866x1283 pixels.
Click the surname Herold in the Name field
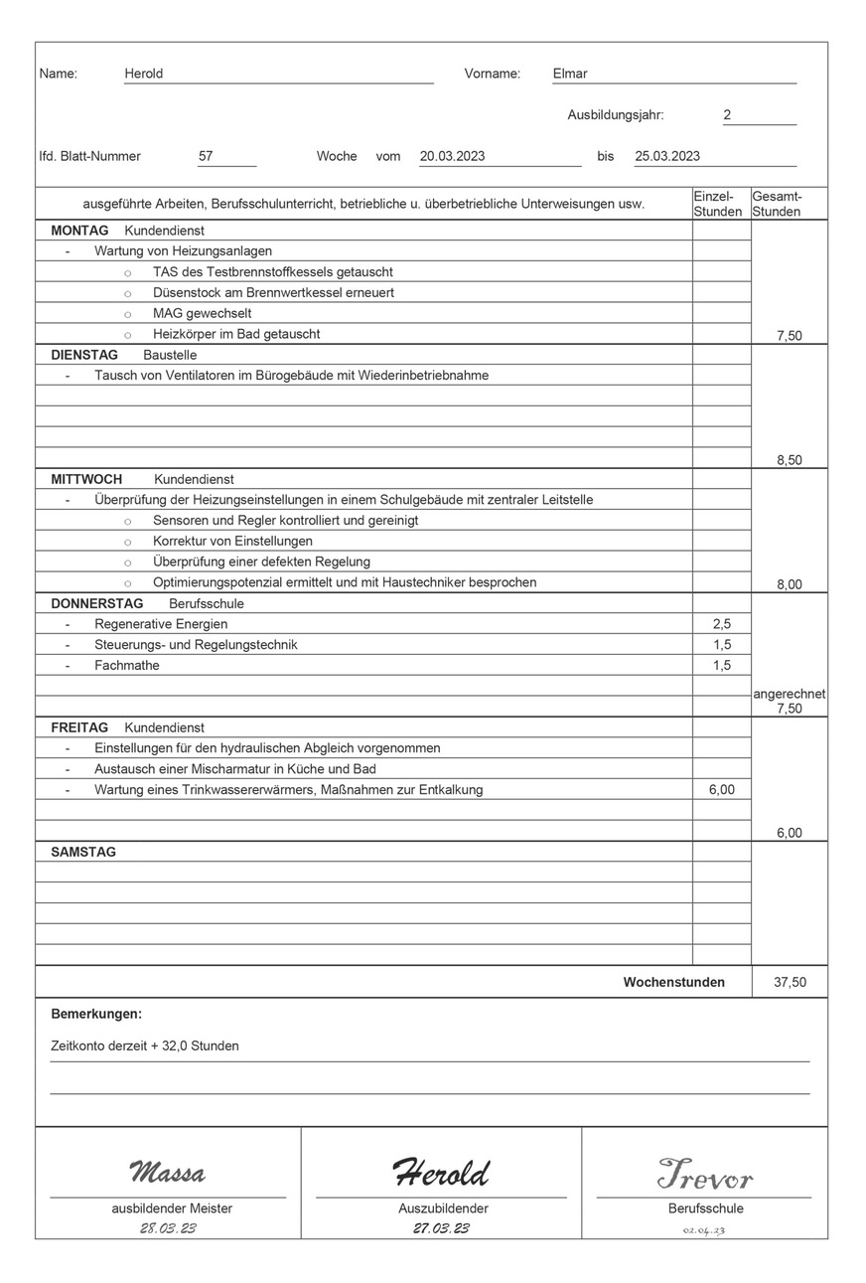(144, 74)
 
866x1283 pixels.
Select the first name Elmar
(570, 74)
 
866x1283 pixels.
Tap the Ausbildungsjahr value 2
(727, 115)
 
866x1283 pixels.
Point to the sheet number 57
(207, 156)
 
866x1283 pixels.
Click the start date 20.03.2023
(452, 156)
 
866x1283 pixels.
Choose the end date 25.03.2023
(667, 156)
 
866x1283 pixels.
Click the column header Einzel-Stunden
(718, 204)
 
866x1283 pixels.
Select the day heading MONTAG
(79, 231)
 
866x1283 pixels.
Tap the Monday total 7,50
(789, 336)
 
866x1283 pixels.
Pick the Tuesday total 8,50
(789, 460)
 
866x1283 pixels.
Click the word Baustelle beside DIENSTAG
(170, 355)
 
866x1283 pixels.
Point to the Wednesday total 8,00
(789, 584)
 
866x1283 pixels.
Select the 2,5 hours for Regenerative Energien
(722, 624)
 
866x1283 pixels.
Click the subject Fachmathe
(127, 666)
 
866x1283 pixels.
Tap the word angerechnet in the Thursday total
(789, 695)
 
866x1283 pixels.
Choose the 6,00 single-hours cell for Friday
(722, 790)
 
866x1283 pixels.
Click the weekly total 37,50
(790, 983)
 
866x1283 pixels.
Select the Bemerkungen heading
(96, 1015)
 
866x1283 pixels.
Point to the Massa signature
(167, 1174)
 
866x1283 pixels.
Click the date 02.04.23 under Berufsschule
(704, 1231)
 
